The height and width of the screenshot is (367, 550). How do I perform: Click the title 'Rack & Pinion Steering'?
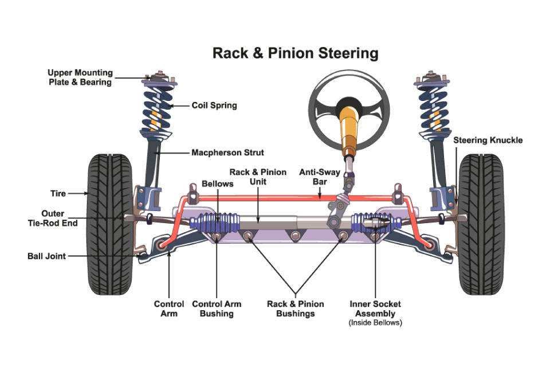(295, 53)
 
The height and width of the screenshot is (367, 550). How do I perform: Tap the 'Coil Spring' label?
(214, 106)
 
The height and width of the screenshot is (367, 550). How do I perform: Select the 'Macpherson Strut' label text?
(227, 153)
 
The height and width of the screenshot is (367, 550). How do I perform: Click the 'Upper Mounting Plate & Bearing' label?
(80, 77)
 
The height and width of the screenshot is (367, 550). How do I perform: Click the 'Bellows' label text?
(218, 183)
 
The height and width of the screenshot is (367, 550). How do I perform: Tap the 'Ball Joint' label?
(46, 256)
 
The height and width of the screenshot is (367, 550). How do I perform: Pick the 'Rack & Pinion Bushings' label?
(295, 309)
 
